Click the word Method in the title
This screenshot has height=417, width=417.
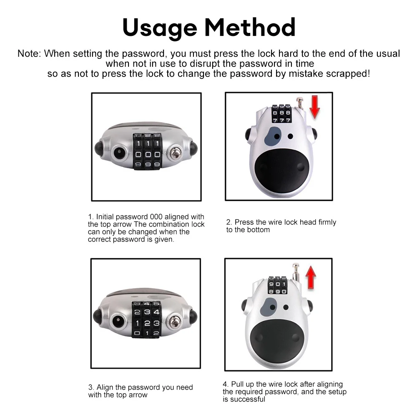pyautogui.click(x=250, y=27)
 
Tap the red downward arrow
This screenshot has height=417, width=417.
pyautogui.click(x=315, y=107)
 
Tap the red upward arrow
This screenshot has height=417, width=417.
pyautogui.click(x=311, y=277)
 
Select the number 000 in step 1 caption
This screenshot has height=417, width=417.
pyautogui.click(x=156, y=217)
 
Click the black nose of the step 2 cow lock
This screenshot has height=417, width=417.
pyautogui.click(x=281, y=167)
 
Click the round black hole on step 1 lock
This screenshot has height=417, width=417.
pyautogui.click(x=118, y=153)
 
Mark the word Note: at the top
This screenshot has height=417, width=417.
pyautogui.click(x=29, y=53)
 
